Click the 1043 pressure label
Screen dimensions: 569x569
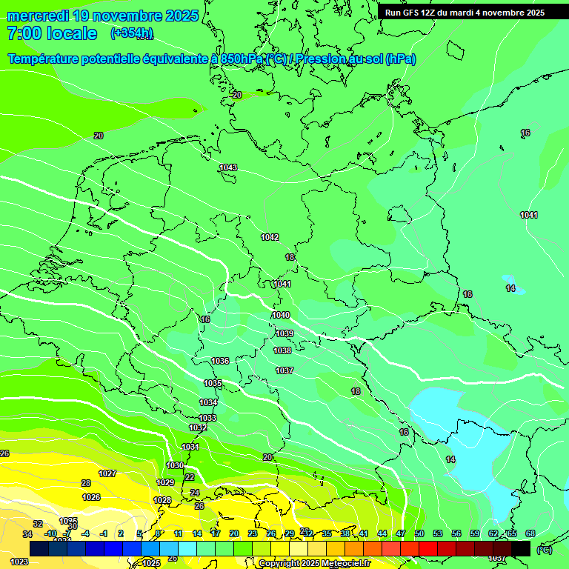tap(228, 168)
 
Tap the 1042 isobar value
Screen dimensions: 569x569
tap(270, 237)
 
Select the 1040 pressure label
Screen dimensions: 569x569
tap(281, 315)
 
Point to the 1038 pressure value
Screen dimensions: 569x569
tap(282, 350)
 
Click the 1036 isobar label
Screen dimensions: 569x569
tap(220, 361)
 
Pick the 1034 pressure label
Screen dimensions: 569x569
tap(208, 402)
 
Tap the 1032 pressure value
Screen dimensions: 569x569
tap(198, 427)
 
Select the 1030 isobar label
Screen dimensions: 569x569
tap(175, 465)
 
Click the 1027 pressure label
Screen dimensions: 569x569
tap(107, 473)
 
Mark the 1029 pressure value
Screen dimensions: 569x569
tap(165, 482)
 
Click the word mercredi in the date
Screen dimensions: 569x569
tap(37, 16)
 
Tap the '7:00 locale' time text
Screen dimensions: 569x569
tap(52, 33)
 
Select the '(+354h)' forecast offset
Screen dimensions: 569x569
tap(132, 33)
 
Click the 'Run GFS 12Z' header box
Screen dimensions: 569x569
tap(465, 13)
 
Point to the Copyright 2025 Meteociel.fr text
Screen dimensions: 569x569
tap(314, 564)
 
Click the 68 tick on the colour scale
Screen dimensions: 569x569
tap(530, 533)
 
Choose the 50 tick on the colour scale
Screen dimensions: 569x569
tap(419, 533)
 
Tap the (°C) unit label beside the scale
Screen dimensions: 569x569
tap(545, 549)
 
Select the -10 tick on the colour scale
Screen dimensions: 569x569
tap(50, 533)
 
